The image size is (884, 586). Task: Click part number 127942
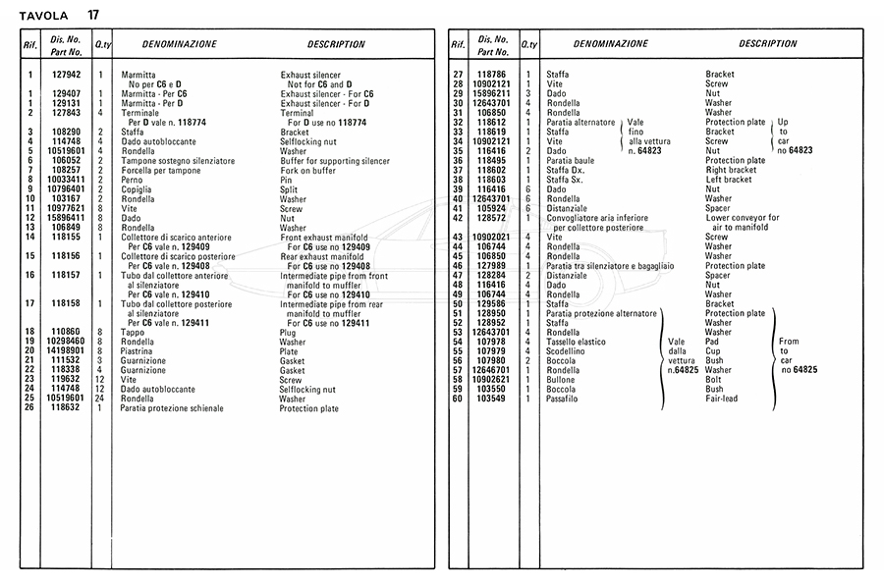(66, 75)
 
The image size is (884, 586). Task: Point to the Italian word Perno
(132, 180)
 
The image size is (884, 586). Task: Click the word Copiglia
(137, 188)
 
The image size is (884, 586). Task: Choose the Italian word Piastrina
(138, 350)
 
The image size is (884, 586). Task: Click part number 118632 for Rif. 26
(66, 407)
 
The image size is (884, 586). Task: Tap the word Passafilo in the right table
(564, 399)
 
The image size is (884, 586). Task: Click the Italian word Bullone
(561, 379)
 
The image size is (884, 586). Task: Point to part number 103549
(491, 399)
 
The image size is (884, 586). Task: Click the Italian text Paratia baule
(572, 160)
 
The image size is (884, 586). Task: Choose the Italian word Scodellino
(567, 350)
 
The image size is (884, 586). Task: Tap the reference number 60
(457, 399)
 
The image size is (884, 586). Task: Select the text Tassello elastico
(579, 341)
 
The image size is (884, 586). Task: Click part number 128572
(491, 217)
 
